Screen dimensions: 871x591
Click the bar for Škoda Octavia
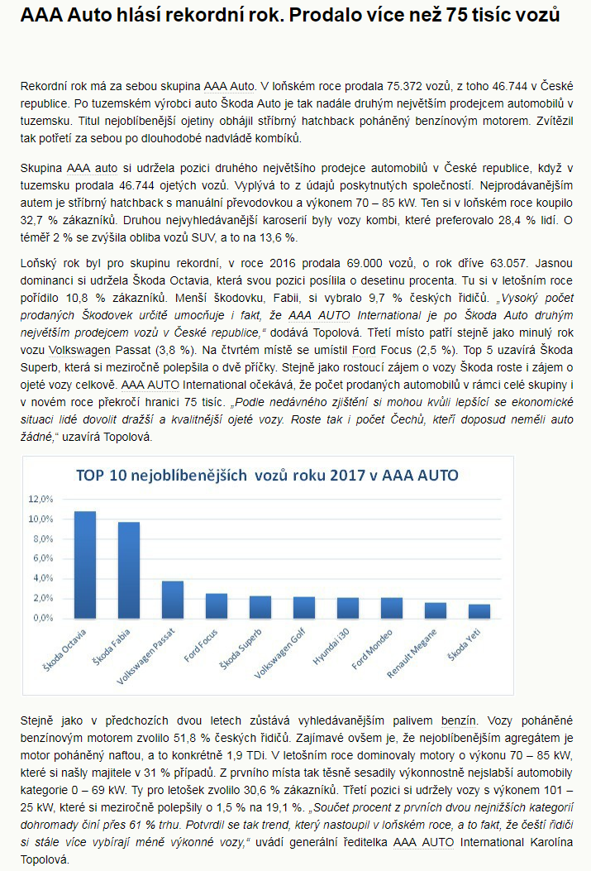click(85, 564)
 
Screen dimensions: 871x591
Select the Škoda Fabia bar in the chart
click(128, 569)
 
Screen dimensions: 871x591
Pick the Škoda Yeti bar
click(479, 610)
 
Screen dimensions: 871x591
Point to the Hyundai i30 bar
click(348, 607)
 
